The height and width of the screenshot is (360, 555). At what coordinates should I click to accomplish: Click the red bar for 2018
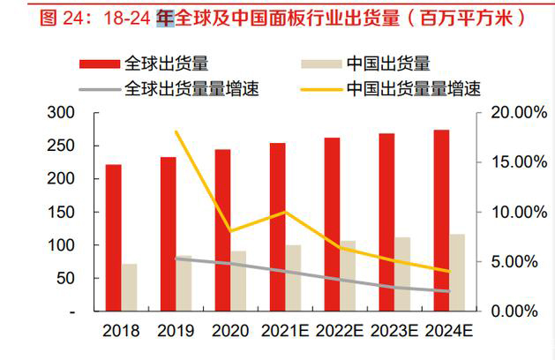pyautogui.click(x=114, y=237)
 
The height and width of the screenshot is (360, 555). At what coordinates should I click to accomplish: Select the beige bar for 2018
pyautogui.click(x=130, y=288)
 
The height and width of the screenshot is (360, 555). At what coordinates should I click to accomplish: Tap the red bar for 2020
pyautogui.click(x=223, y=230)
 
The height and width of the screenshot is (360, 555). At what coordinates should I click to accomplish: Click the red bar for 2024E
pyautogui.click(x=441, y=221)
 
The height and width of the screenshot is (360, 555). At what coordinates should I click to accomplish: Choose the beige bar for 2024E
pyautogui.click(x=458, y=273)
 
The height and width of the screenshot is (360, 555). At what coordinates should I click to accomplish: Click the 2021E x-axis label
pyautogui.click(x=285, y=332)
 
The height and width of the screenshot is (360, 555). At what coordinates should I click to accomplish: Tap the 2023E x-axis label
pyautogui.click(x=394, y=332)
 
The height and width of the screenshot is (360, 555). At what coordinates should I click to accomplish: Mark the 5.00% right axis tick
pyautogui.click(x=513, y=262)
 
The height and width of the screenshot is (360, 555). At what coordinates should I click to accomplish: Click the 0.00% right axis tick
pyautogui.click(x=513, y=311)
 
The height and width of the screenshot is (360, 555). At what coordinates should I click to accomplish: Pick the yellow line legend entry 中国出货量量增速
pyautogui.click(x=415, y=88)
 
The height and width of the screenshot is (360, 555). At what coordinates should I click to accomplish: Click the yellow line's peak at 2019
pyautogui.click(x=175, y=131)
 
